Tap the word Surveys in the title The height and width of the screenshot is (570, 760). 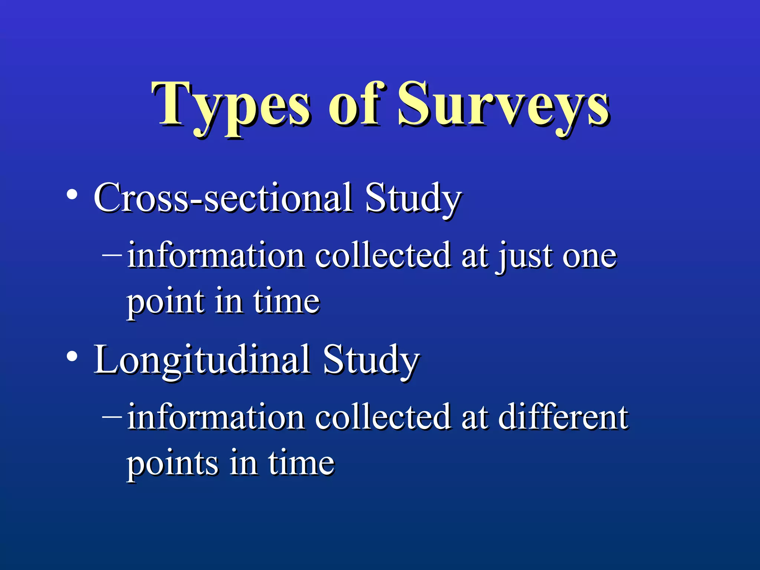click(503, 106)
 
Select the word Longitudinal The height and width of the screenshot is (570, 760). click(202, 360)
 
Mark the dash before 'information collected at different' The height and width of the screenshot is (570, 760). click(112, 417)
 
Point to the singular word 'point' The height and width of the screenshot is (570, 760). click(166, 302)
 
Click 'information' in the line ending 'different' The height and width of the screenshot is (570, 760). click(216, 417)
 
